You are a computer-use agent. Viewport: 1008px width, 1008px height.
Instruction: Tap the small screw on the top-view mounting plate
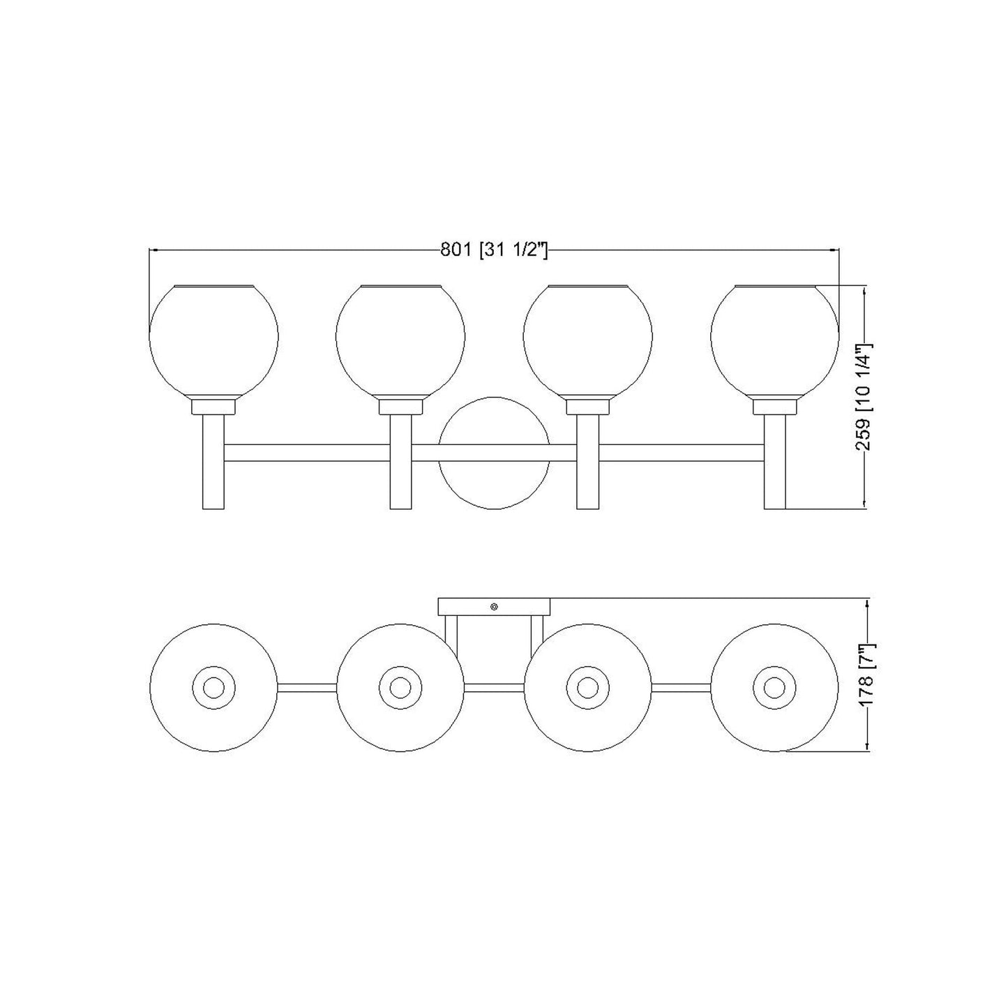point(494,607)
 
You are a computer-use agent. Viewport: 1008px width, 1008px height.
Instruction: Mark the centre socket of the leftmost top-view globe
point(213,688)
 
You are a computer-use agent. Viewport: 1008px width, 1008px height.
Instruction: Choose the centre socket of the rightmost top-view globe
point(773,688)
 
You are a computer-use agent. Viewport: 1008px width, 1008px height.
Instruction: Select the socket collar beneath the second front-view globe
point(401,407)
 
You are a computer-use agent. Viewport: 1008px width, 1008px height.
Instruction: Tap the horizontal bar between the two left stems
point(307,452)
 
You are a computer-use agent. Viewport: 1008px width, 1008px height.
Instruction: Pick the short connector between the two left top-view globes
point(307,688)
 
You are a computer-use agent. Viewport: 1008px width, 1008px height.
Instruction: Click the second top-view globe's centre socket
point(400,688)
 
